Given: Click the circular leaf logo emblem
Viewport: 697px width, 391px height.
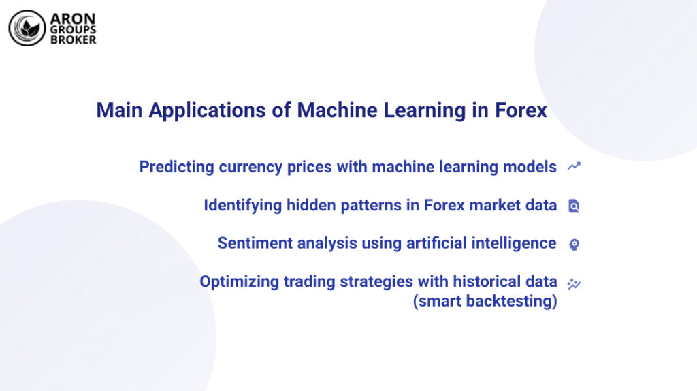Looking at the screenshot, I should tap(27, 28).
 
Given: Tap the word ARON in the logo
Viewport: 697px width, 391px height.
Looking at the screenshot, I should tap(71, 18).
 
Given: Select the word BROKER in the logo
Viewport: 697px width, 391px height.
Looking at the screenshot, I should tap(74, 40).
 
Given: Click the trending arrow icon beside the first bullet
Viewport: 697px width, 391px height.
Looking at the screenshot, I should tap(574, 166).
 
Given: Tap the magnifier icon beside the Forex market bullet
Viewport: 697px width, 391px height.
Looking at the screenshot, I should tap(574, 205).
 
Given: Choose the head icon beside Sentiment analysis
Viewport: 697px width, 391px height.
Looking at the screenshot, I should tap(574, 244).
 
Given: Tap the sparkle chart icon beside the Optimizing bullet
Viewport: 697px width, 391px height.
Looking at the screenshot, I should tap(574, 283).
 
